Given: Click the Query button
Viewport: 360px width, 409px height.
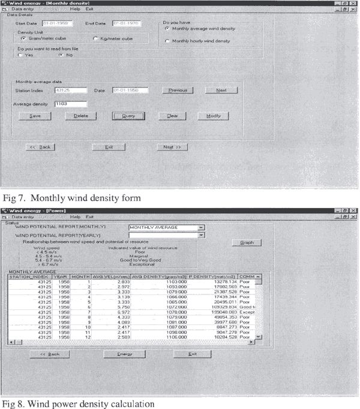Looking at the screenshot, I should pos(124,116).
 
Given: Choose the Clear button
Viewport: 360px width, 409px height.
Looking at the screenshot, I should pos(168,116).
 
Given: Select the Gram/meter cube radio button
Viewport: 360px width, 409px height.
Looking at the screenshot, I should pos(23,38).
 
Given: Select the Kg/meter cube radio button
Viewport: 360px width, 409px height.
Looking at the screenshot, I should pos(95,38).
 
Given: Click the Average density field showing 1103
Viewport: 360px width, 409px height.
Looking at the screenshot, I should pos(71,104).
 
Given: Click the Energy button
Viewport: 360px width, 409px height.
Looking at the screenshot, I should pos(124,354).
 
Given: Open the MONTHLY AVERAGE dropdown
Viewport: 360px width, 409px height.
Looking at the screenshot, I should pos(202,227).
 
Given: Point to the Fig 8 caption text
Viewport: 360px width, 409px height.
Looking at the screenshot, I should pos(78,402).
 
